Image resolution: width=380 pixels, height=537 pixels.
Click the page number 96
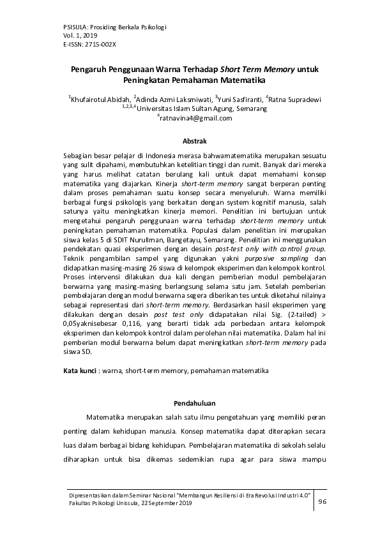click(x=323, y=502)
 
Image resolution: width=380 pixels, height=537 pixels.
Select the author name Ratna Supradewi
click(x=293, y=99)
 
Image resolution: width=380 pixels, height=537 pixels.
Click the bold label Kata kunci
click(x=79, y=371)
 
